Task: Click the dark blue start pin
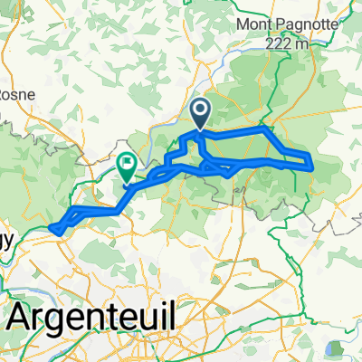point(200,113)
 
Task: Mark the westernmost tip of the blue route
point(51,227)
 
